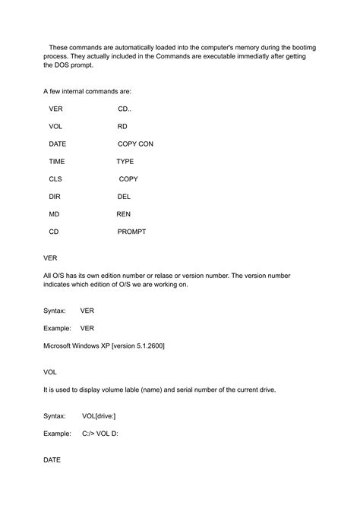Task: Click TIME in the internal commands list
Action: [x=57, y=162]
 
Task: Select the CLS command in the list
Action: [x=55, y=179]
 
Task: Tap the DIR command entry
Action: [x=55, y=197]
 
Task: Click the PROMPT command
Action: [x=131, y=232]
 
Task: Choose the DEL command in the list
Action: [x=125, y=197]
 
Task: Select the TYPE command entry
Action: [x=125, y=162]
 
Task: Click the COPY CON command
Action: [x=135, y=144]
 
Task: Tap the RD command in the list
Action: [x=122, y=126]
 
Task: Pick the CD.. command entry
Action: [x=125, y=109]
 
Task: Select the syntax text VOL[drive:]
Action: [x=99, y=416]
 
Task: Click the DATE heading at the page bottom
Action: [x=52, y=460]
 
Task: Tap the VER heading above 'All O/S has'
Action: [x=50, y=257]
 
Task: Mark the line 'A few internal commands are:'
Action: [x=87, y=91]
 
